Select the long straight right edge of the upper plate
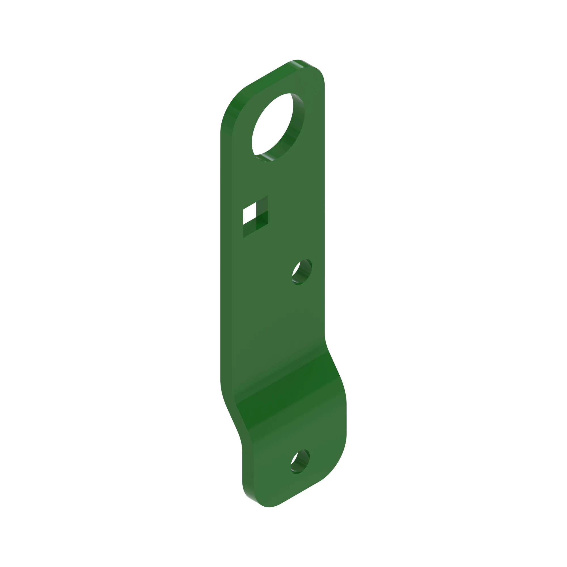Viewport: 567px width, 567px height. pos(324,206)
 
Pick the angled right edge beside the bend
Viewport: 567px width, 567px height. pos(335,364)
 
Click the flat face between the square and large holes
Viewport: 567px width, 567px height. pos(273,179)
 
